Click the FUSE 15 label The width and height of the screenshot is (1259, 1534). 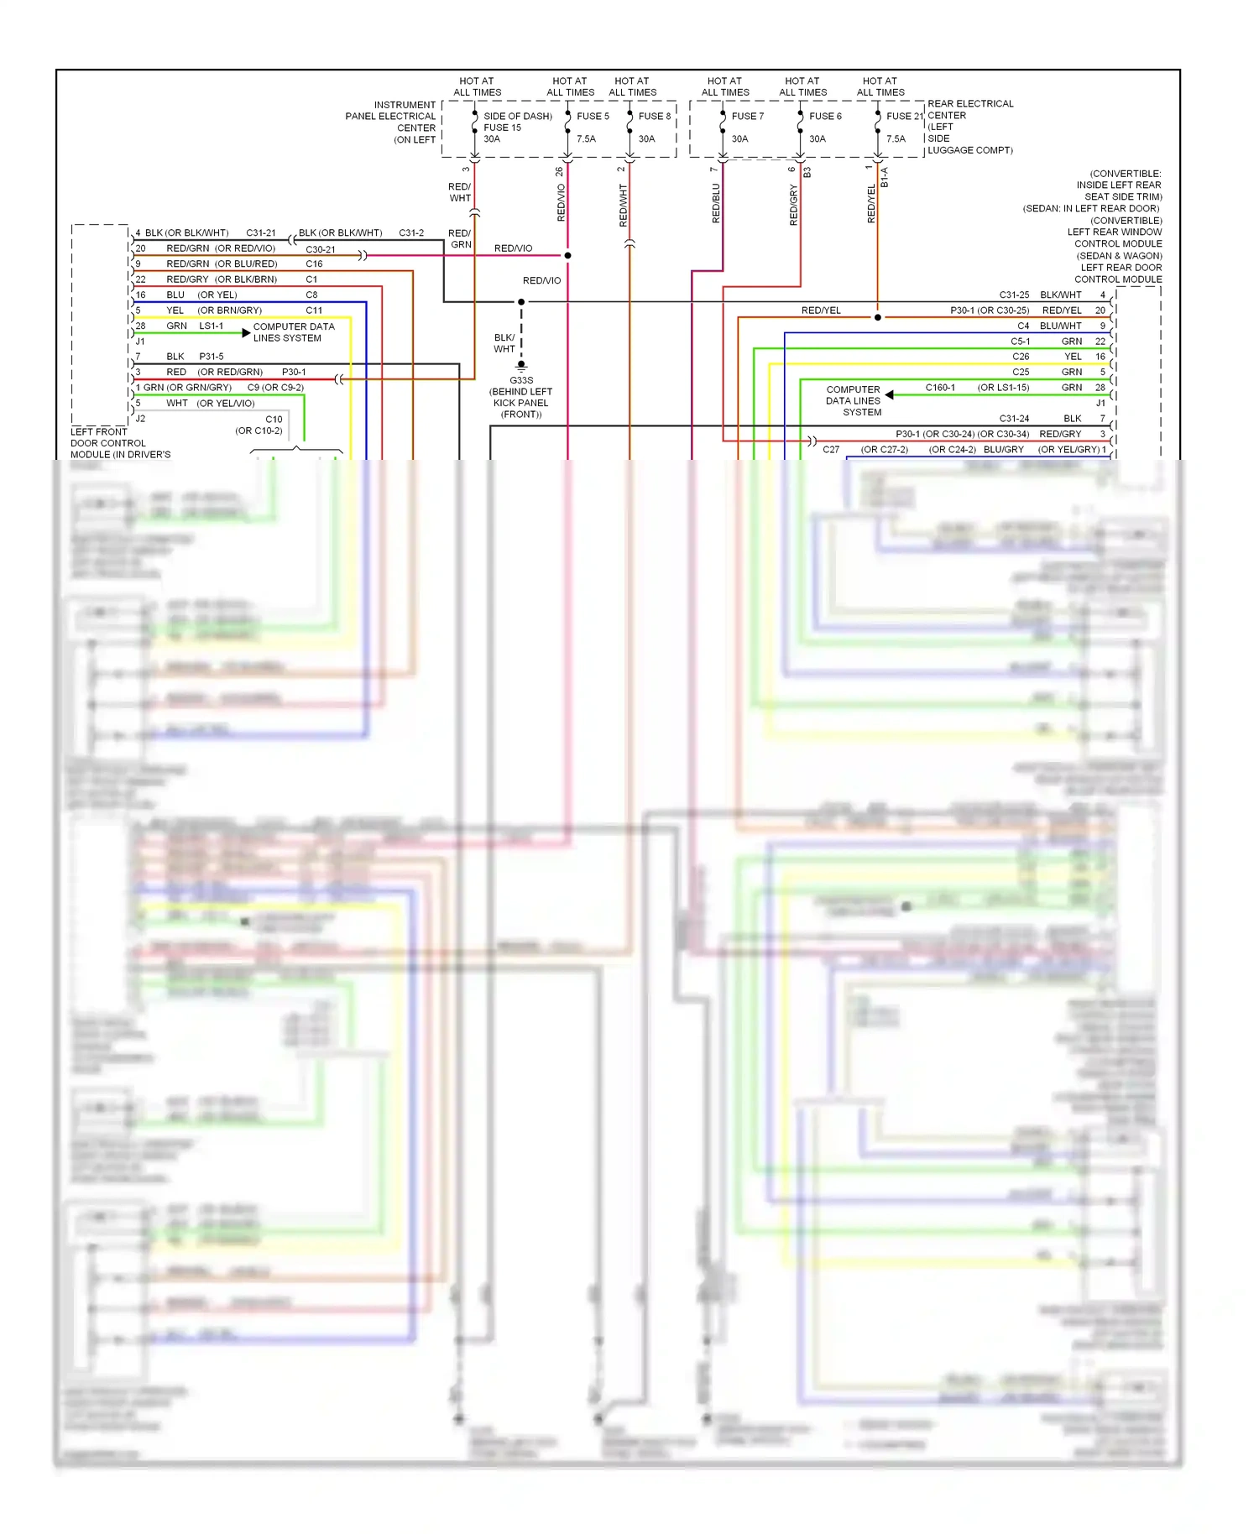[502, 128]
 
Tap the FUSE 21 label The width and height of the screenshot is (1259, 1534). [904, 116]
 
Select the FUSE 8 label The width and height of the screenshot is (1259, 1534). [654, 116]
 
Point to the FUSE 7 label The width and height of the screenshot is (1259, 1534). [747, 116]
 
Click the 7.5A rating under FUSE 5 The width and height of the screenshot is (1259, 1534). [586, 138]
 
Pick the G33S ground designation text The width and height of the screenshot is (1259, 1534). [521, 380]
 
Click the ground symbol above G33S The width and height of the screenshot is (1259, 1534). [521, 366]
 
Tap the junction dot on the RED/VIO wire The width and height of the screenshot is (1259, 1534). [568, 255]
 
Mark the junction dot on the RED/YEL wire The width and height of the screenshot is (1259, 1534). [878, 317]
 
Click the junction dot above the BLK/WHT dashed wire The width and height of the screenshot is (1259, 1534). [521, 301]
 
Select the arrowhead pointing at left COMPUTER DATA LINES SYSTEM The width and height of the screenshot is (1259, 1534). [246, 333]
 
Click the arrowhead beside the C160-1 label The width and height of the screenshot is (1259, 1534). [889, 394]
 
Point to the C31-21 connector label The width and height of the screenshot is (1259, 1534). [261, 232]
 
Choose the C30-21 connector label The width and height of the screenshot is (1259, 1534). [321, 249]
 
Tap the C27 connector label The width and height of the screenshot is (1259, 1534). [831, 450]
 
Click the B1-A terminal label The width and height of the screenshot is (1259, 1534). [885, 177]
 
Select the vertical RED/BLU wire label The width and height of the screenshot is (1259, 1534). [716, 204]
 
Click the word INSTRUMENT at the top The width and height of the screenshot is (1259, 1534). [405, 105]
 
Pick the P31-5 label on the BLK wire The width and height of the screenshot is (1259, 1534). [212, 357]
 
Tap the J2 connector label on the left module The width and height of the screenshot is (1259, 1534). [140, 418]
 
